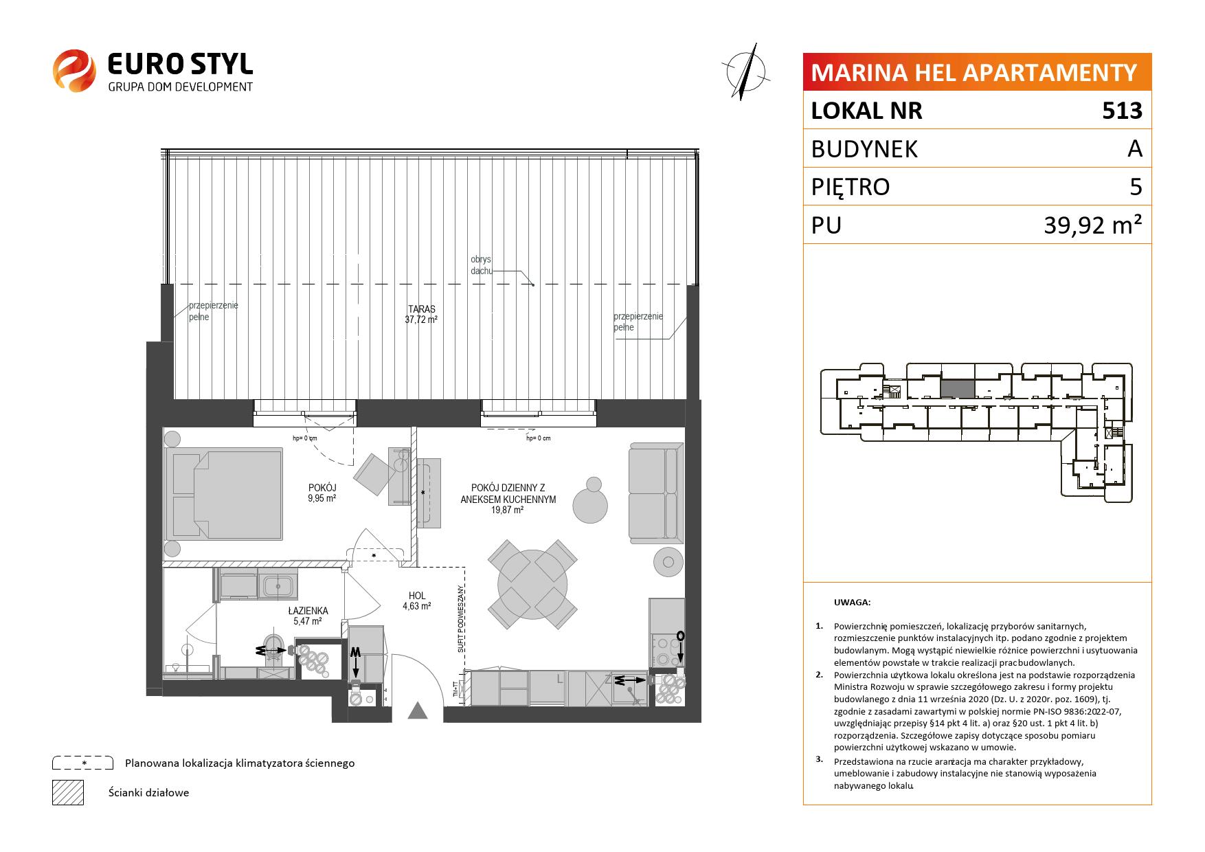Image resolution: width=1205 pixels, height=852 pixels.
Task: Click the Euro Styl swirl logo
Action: (x=74, y=70)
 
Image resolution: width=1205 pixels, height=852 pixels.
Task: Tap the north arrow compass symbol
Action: (x=747, y=69)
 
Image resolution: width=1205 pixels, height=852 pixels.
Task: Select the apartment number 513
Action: (x=1122, y=111)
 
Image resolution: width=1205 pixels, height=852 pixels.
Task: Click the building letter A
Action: (x=1135, y=148)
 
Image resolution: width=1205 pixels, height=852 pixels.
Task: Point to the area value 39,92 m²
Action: (x=1093, y=225)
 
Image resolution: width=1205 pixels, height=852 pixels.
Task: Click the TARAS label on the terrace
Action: (x=421, y=309)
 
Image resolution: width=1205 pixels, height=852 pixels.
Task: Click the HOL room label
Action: (x=417, y=596)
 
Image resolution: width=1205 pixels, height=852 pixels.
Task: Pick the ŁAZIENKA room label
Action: (x=308, y=610)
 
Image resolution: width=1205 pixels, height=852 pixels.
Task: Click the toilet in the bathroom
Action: (x=274, y=648)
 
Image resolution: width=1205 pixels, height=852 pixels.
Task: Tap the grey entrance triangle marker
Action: (x=418, y=710)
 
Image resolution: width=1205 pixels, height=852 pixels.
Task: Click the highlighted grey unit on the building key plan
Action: (x=958, y=389)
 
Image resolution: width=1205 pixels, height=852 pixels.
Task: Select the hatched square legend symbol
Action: (x=68, y=792)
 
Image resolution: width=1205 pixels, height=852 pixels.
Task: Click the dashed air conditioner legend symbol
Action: (x=82, y=763)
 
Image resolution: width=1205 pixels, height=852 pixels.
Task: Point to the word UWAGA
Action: (x=852, y=603)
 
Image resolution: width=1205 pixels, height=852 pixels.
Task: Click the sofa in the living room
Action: (x=656, y=492)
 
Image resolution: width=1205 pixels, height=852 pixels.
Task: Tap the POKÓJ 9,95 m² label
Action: (x=322, y=493)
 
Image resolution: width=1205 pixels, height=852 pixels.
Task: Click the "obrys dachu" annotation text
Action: (x=482, y=265)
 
